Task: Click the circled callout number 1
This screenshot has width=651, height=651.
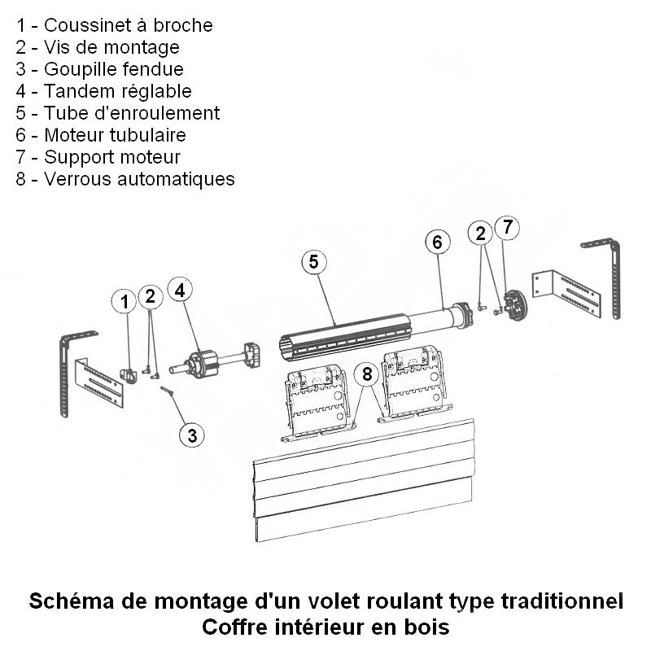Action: (x=124, y=302)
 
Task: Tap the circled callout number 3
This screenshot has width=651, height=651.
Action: (x=191, y=435)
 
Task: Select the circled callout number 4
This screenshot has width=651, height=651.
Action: (x=180, y=290)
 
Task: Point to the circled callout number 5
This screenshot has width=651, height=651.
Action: (x=314, y=261)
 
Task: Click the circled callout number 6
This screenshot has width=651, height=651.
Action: (x=437, y=242)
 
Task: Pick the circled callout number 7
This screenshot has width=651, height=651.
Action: (x=506, y=229)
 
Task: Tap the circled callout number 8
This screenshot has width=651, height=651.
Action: (x=368, y=374)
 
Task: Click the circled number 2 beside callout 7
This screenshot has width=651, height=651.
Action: (x=481, y=234)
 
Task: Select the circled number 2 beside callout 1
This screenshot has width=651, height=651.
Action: (x=150, y=297)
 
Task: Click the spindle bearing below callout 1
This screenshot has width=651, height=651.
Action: (x=130, y=375)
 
